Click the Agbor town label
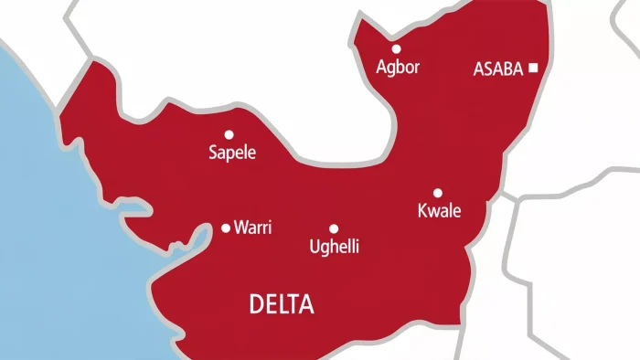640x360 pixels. pos(398,68)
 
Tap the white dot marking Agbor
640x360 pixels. pos(396,49)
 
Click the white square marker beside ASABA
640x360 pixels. pos(533,68)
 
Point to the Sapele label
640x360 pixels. pos(233,154)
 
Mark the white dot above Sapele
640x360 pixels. pos(229,134)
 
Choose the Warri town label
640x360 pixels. pos(253,228)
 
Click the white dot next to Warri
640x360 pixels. pos(226,228)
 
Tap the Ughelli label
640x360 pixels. pos(335,247)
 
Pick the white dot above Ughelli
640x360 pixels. pos(334,228)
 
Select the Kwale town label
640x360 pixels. pos(439,212)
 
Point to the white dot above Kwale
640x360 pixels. pos(437,193)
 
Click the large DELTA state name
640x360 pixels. pos(282,305)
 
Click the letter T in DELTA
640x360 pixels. pos(292,305)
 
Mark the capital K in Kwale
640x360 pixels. pos(421,212)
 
